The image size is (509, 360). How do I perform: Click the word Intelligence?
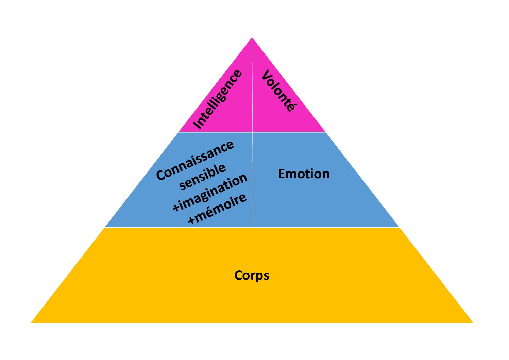point(218,99)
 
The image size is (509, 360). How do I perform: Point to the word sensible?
point(203,176)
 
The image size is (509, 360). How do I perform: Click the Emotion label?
point(304,174)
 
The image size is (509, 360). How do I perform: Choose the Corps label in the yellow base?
point(252,275)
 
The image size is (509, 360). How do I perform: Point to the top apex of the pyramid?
point(252,38)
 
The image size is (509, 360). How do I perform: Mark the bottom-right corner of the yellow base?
point(472,322)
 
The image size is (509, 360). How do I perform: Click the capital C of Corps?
point(239,275)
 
